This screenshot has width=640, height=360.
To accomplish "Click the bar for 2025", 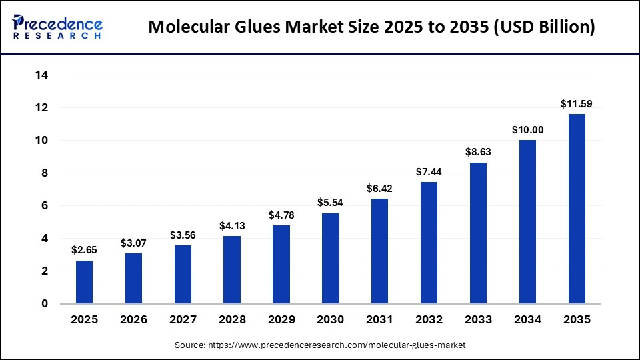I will (85, 282).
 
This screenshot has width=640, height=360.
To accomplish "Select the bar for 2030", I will (331, 259).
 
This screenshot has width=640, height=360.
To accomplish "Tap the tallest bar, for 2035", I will (577, 209).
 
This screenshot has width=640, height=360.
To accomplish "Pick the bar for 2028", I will (232, 270).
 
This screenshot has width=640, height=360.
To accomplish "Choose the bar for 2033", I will (478, 233).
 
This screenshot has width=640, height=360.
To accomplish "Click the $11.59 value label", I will (577, 104).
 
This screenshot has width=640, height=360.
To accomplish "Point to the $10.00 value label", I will (527, 130).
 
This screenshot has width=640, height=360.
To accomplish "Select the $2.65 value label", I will (85, 250).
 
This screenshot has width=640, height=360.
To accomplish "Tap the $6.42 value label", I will (380, 189).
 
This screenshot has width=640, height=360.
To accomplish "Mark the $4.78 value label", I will (281, 215).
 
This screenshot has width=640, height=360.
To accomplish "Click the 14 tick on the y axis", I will (41, 75).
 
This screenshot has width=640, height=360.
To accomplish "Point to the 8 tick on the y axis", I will (45, 173).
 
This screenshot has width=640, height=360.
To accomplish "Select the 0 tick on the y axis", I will (45, 304).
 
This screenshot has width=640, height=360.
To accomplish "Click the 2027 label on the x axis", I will (183, 320).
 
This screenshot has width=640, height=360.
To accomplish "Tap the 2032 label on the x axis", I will (429, 320).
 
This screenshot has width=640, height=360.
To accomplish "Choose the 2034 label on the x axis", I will (527, 320).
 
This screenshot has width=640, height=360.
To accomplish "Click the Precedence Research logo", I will (57, 27).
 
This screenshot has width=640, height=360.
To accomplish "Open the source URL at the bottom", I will (320, 345).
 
